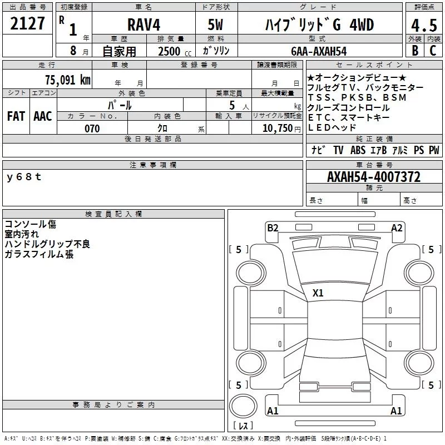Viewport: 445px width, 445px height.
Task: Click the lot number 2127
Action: [x=27, y=23]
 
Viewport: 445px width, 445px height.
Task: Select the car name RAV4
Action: [x=144, y=24]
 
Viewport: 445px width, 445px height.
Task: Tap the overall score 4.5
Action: [x=424, y=25]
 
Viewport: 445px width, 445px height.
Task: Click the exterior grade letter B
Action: [x=415, y=50]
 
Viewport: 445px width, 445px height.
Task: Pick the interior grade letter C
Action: [x=433, y=50]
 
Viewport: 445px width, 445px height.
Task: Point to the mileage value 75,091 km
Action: [x=68, y=80]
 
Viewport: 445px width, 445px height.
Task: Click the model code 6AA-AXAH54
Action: [x=319, y=51]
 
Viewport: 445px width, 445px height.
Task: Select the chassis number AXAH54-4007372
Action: [x=374, y=177]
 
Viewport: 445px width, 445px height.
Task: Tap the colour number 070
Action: [x=92, y=128]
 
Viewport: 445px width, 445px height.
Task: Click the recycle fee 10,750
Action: [x=278, y=128]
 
